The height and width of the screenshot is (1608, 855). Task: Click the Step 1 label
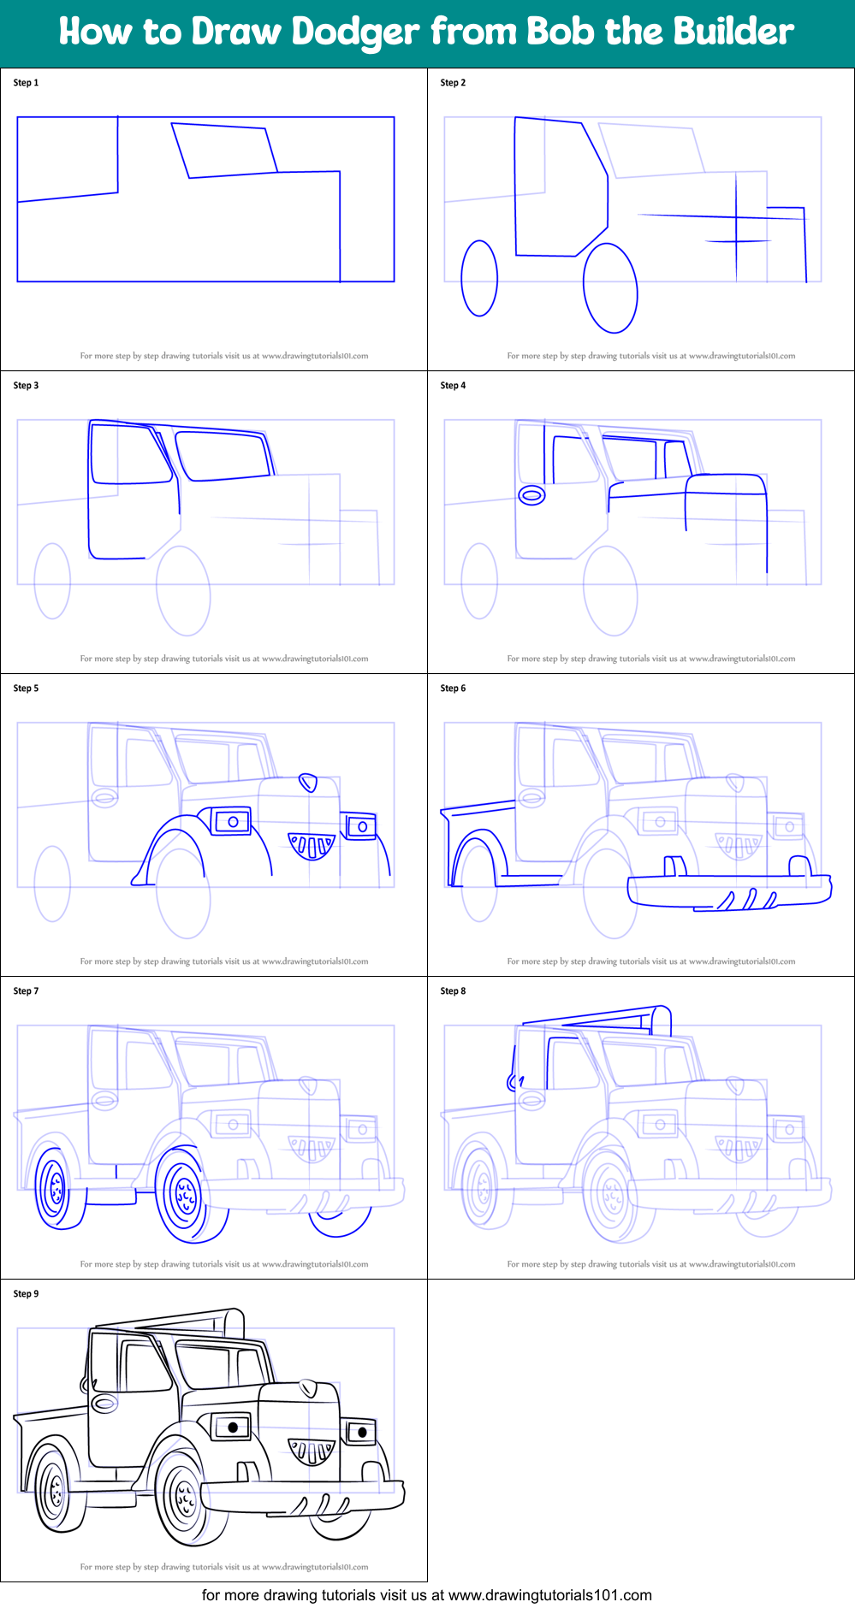[x=26, y=83]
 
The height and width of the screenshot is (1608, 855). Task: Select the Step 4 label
[x=453, y=386]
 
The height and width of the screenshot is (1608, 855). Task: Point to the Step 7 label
[x=26, y=991]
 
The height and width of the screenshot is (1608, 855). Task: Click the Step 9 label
[x=26, y=1294]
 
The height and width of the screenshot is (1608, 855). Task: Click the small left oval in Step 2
[x=479, y=278]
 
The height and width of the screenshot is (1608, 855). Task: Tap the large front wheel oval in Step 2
[x=610, y=288]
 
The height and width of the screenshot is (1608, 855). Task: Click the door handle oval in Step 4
[x=531, y=495]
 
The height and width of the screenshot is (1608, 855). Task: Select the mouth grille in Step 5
[x=312, y=845]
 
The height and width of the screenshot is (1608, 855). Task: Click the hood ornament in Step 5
[x=307, y=783]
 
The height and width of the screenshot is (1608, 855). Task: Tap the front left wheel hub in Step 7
[x=185, y=1196]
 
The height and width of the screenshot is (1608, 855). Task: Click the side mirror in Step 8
[x=515, y=1082]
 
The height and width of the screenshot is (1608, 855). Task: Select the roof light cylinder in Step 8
[x=662, y=1020]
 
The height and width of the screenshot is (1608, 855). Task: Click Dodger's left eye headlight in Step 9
[x=231, y=1427]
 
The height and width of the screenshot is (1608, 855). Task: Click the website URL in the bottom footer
[x=549, y=1595]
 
